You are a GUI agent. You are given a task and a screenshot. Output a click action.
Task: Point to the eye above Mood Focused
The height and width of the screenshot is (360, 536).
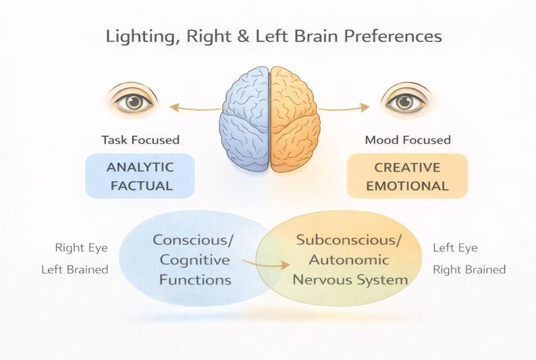(405, 101)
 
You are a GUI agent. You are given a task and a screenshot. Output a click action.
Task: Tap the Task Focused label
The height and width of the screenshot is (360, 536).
(140, 140)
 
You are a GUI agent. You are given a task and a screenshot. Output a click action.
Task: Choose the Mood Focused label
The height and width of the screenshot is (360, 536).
(408, 140)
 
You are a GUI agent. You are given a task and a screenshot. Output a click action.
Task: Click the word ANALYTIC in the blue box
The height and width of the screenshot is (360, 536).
(140, 167)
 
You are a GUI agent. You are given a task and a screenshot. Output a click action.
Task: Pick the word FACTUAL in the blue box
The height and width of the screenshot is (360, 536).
(140, 185)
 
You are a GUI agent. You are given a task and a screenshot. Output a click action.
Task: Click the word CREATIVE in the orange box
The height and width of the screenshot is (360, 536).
(407, 167)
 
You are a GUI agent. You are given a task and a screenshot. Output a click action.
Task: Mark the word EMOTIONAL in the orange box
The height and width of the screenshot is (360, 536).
(407, 186)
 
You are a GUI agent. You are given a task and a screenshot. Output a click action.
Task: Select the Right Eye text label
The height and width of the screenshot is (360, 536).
(81, 249)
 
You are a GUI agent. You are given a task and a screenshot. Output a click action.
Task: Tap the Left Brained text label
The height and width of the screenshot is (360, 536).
(75, 269)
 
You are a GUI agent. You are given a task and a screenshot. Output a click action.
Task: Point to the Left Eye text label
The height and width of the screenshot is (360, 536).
(455, 248)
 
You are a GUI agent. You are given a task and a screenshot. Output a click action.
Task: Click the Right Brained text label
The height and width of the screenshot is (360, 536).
(469, 269)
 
